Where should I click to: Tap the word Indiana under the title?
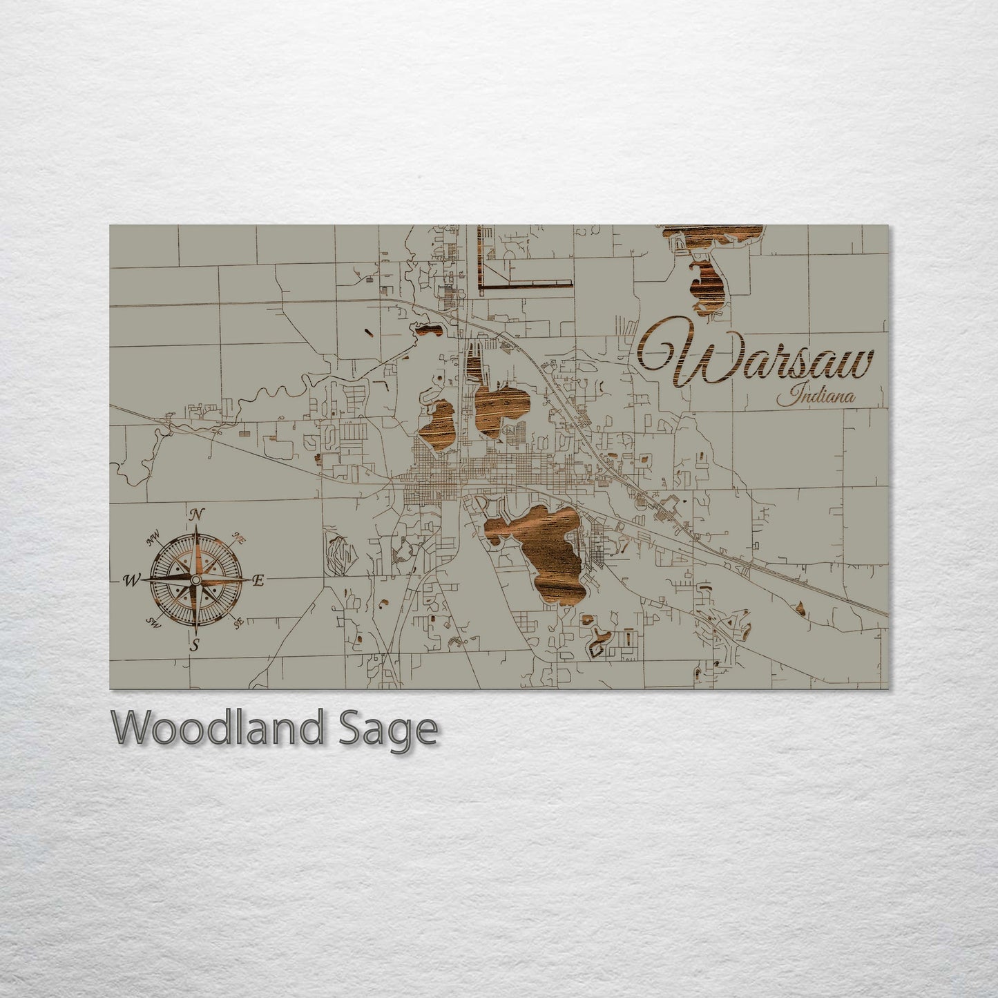coord(816,397)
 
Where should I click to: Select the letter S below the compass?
coord(195,646)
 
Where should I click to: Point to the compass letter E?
coord(259,581)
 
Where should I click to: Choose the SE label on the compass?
coord(239,623)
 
